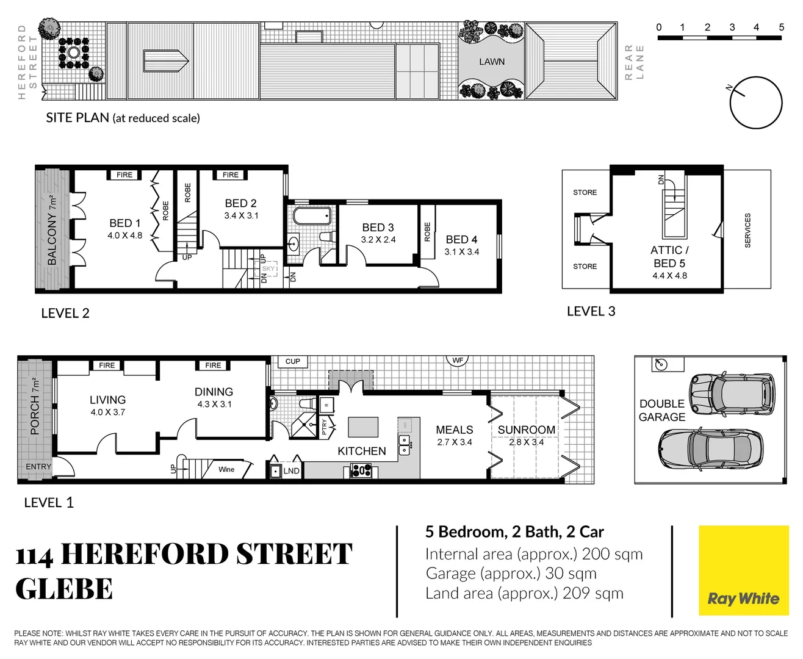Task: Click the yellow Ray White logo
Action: click(x=743, y=571)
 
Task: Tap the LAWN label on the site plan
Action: click(x=491, y=62)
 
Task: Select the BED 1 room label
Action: click(x=124, y=223)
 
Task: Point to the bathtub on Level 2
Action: click(x=312, y=216)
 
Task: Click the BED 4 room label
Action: click(x=461, y=240)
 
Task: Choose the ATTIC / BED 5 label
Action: click(x=669, y=257)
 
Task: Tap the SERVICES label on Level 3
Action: click(x=747, y=230)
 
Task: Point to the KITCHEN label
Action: click(x=362, y=451)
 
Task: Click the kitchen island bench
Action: click(x=363, y=427)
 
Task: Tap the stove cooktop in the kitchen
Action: click(x=361, y=470)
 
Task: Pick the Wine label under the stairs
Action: click(x=226, y=469)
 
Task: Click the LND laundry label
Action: click(x=291, y=470)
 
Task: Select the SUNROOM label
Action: click(x=527, y=430)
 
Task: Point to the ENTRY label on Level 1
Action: click(x=38, y=467)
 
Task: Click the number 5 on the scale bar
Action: click(x=781, y=27)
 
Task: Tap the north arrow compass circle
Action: click(x=756, y=103)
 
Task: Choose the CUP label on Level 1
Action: click(x=293, y=361)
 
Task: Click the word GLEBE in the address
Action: click(x=64, y=589)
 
